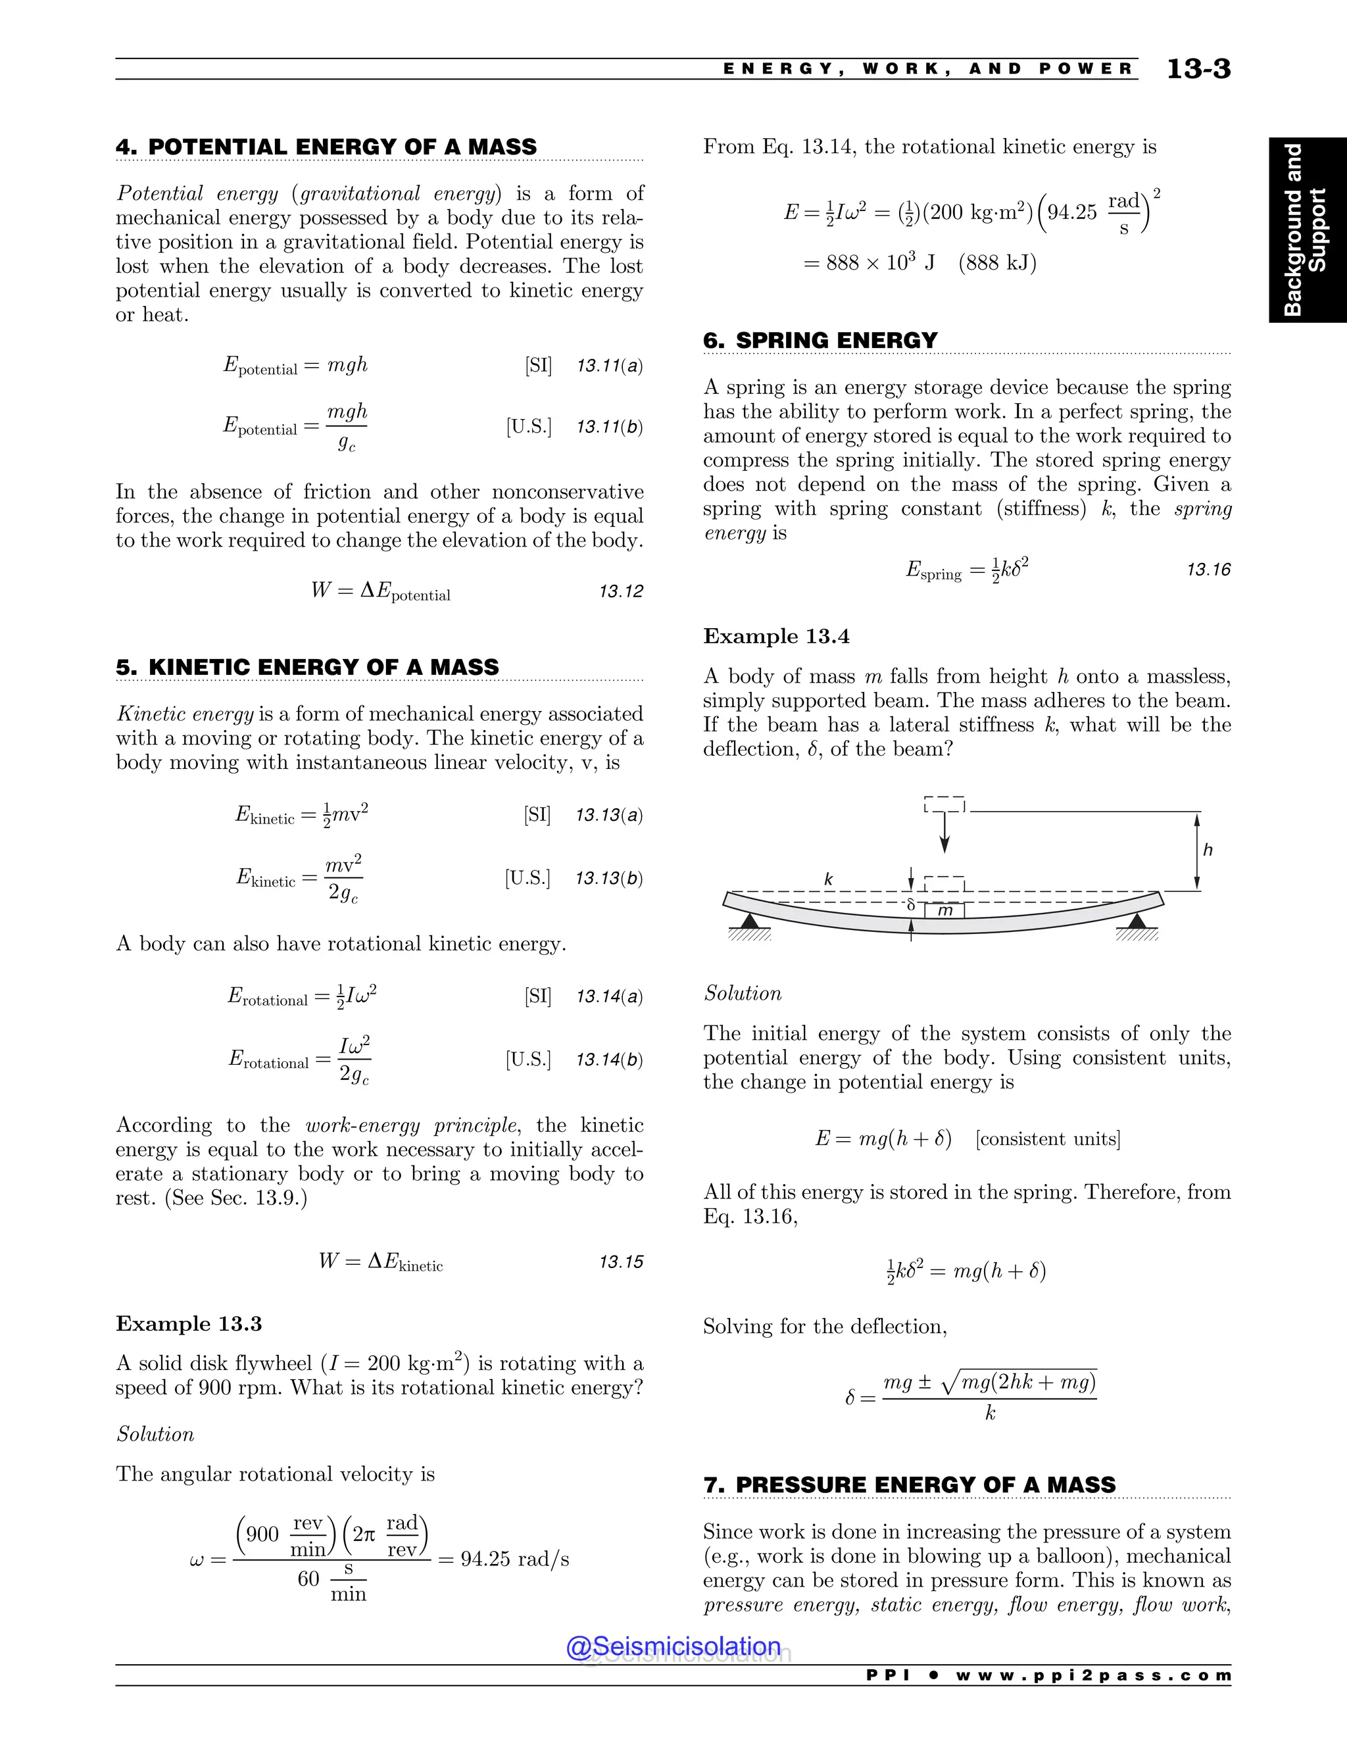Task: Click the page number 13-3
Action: pyautogui.click(x=1198, y=70)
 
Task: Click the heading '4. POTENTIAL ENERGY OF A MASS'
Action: pyautogui.click(x=326, y=147)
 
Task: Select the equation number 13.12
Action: pyautogui.click(x=620, y=591)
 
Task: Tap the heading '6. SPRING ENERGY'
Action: pyautogui.click(x=820, y=340)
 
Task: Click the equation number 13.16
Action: pyautogui.click(x=1208, y=570)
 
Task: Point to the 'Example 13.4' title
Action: pyautogui.click(x=775, y=636)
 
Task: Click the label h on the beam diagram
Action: pyautogui.click(x=1208, y=850)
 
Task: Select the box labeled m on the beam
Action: pyautogui.click(x=945, y=910)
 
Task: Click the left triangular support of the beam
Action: pyautogui.click(x=748, y=921)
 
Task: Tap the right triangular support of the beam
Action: pyautogui.click(x=1137, y=921)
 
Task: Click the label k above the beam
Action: pyautogui.click(x=828, y=879)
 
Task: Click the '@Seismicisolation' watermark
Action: pyautogui.click(x=673, y=1646)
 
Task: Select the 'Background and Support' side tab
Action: pyautogui.click(x=1306, y=230)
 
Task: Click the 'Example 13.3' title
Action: pyautogui.click(x=188, y=1323)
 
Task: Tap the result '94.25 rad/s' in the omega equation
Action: pyautogui.click(x=515, y=1559)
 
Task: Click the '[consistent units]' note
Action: pyautogui.click(x=1047, y=1139)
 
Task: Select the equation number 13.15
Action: pyautogui.click(x=620, y=1262)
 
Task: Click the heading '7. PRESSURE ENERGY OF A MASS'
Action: pyautogui.click(x=909, y=1485)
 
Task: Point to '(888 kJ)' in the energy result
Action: pyautogui.click(x=998, y=262)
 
